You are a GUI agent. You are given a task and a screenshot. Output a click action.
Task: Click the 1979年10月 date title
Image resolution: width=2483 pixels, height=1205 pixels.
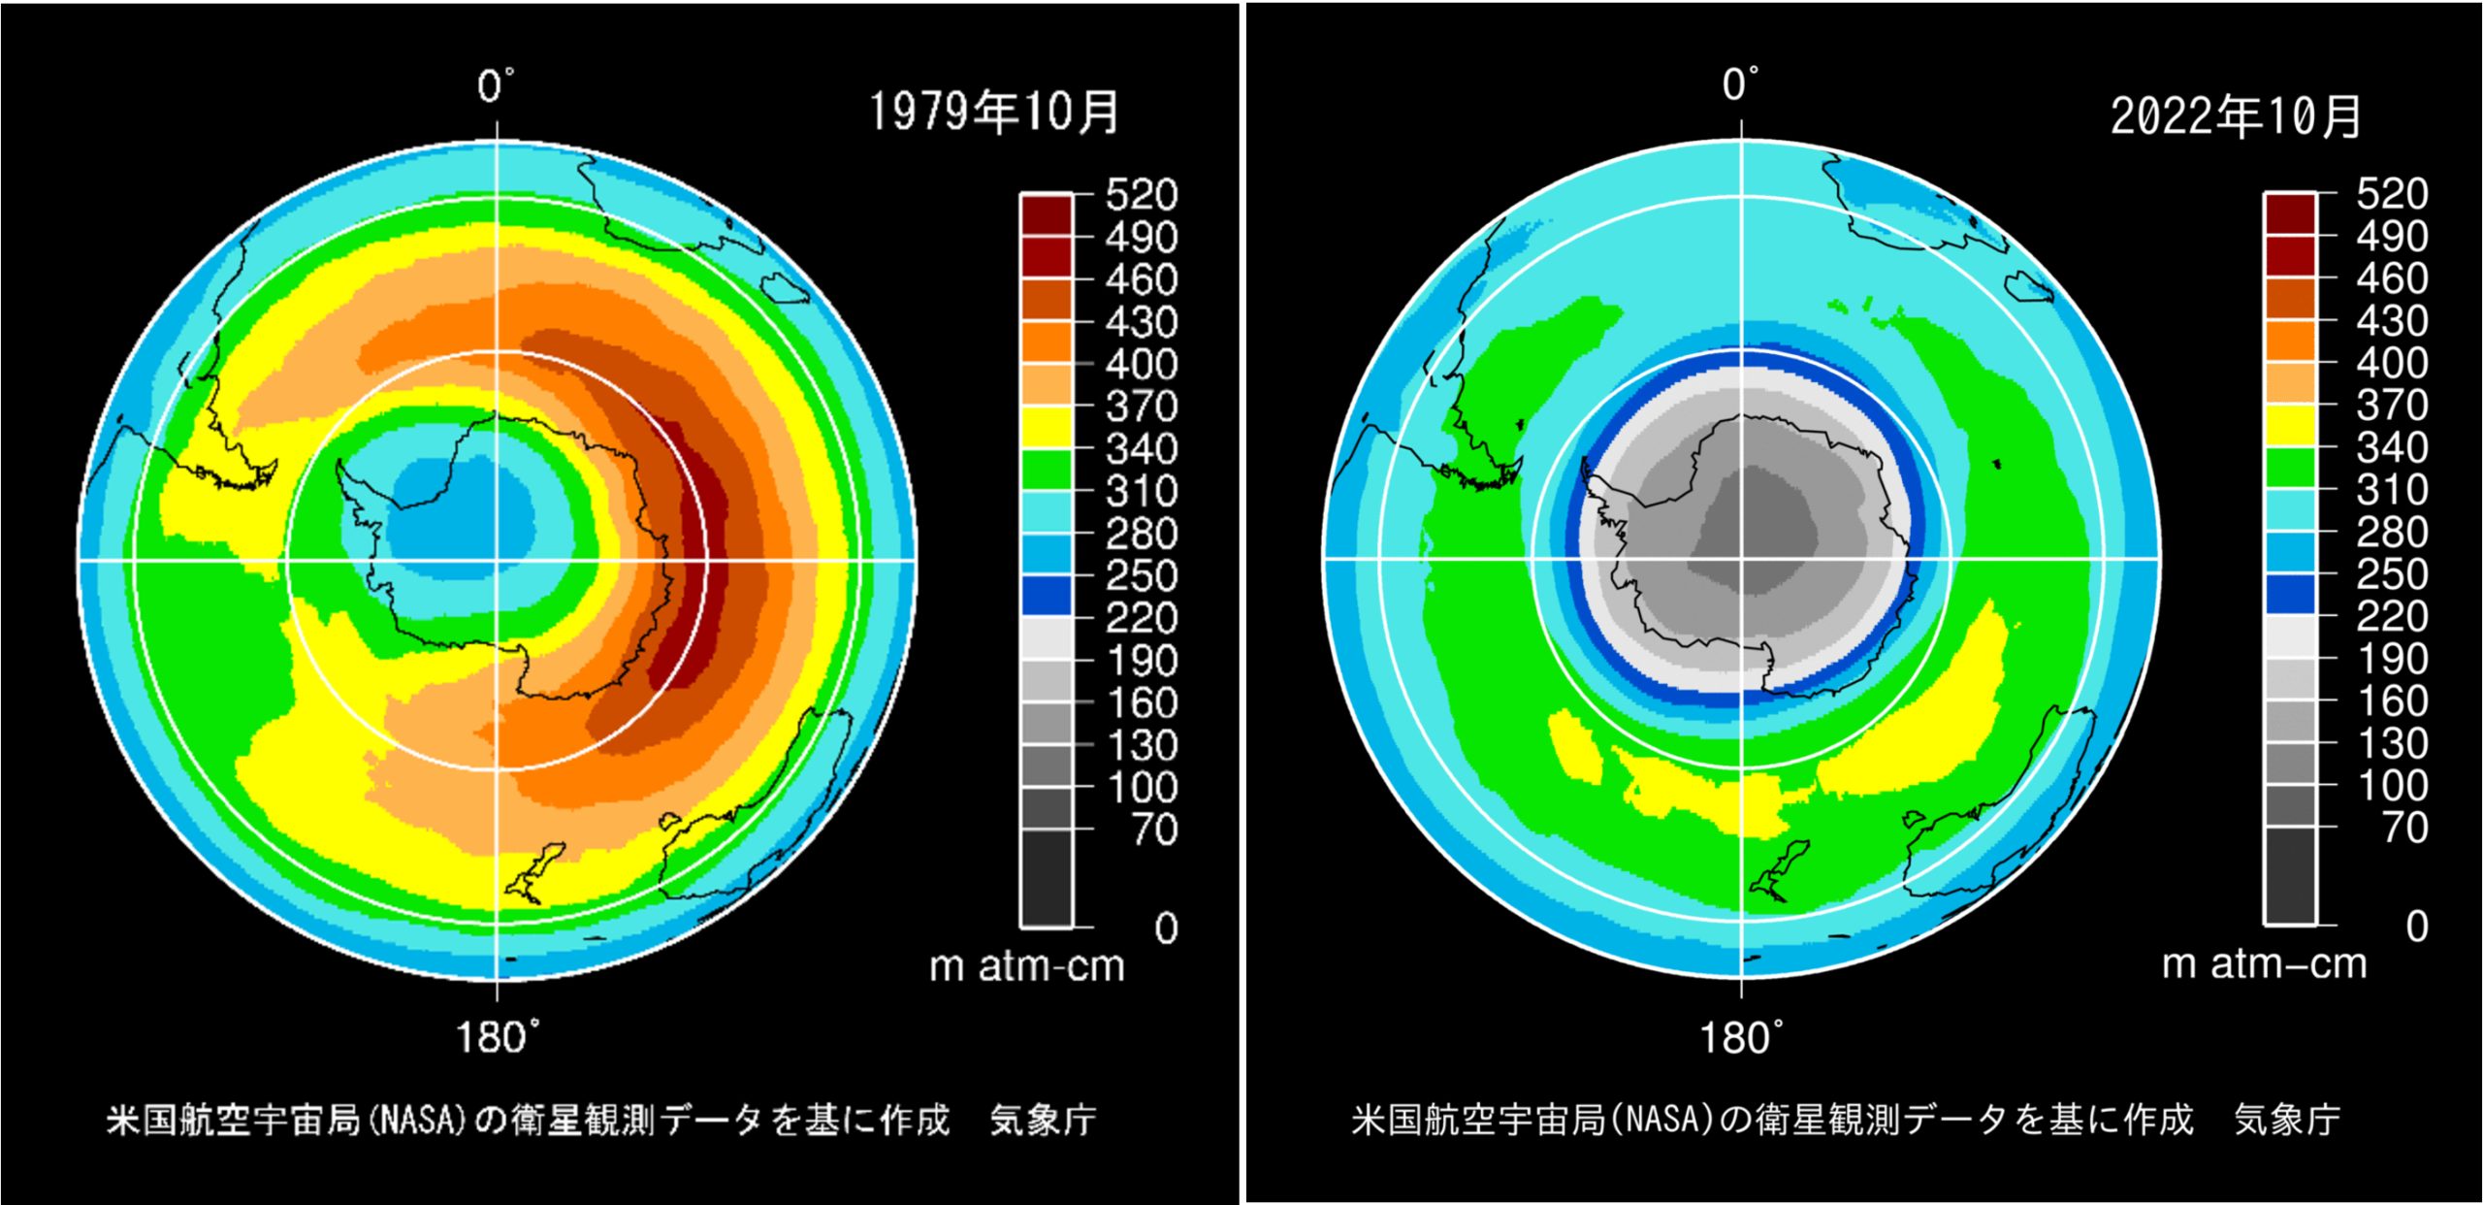[x=993, y=112]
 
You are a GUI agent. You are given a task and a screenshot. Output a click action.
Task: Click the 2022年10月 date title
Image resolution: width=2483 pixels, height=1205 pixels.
[x=2235, y=116]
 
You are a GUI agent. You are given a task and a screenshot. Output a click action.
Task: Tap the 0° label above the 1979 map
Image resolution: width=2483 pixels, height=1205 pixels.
[x=496, y=86]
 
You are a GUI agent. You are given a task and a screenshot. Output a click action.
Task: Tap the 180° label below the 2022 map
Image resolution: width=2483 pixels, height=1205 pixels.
[x=1740, y=1037]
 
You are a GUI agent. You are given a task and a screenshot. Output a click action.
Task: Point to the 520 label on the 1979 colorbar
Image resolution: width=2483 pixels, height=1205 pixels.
[x=1142, y=195]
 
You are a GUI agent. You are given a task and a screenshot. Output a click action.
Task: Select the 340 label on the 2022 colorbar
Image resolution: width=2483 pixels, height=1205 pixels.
[x=2392, y=447]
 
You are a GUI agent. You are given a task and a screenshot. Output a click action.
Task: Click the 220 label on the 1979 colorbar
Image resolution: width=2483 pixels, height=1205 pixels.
[x=1142, y=618]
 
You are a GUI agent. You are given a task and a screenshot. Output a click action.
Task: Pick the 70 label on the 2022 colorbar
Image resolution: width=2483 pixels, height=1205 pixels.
[x=2405, y=828]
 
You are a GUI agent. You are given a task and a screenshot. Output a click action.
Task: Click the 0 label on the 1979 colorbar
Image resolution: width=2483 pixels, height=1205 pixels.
[x=1166, y=928]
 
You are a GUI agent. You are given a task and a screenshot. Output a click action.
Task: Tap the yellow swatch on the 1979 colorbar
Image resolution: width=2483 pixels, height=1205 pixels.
[x=1047, y=428]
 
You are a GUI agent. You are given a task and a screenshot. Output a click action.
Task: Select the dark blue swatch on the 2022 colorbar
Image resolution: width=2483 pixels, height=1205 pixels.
[x=2290, y=593]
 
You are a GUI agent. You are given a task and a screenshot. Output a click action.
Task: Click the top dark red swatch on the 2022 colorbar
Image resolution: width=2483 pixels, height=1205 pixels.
[x=2290, y=213]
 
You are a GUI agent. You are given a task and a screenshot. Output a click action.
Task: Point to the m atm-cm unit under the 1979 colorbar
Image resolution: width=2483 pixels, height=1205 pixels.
[x=1026, y=966]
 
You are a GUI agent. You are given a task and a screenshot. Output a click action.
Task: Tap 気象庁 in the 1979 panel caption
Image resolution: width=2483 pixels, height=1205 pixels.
[x=1043, y=1120]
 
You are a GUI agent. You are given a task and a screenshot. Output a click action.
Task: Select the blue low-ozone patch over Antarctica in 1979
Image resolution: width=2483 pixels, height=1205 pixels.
[x=461, y=524]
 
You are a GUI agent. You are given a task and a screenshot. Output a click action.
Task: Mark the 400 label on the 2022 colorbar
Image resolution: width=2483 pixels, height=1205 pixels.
[x=2392, y=363]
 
